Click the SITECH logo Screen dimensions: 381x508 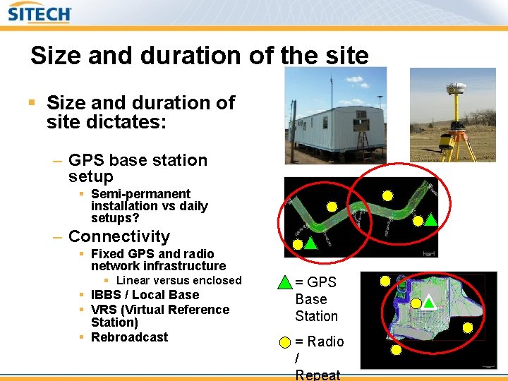click(x=40, y=13)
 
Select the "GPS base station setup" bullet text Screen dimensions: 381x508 click(x=138, y=168)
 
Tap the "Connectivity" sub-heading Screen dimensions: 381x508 click(x=119, y=236)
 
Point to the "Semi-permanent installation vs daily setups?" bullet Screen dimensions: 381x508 click(x=149, y=206)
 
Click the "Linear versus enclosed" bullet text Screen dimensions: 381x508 click(x=179, y=280)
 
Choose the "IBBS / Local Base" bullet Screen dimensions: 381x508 click(x=145, y=295)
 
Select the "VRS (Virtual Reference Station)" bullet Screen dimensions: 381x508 click(x=159, y=315)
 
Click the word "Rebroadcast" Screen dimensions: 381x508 click(x=129, y=337)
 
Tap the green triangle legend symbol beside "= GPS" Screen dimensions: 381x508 click(x=284, y=283)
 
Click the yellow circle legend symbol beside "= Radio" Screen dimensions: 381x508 click(x=284, y=342)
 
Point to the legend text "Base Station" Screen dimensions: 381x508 click(x=315, y=308)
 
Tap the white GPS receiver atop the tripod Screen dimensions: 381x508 click(x=455, y=87)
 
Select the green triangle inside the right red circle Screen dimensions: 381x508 click(x=431, y=219)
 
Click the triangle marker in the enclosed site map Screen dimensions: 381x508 click(x=428, y=303)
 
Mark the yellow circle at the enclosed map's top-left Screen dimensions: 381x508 click(x=385, y=281)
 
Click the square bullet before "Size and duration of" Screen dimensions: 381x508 click(x=31, y=103)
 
